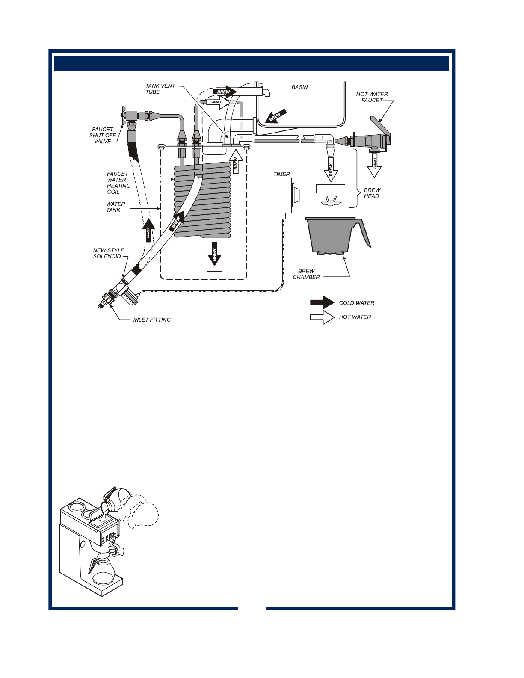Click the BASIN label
(299, 87)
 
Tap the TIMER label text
(281, 174)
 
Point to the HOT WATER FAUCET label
(372, 97)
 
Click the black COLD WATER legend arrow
(322, 302)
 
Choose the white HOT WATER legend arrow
(322, 317)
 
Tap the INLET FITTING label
(152, 320)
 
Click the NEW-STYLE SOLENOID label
(108, 253)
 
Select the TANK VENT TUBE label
(160, 89)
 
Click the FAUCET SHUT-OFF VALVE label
(102, 136)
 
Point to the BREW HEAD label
(372, 193)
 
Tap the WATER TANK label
(115, 207)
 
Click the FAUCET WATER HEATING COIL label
(118, 183)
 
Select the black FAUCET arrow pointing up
(149, 230)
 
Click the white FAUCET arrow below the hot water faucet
(375, 166)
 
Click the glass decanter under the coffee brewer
(101, 575)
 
